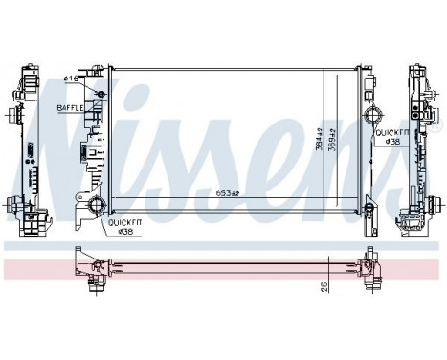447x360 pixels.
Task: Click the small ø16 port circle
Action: pyautogui.click(x=101, y=93)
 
